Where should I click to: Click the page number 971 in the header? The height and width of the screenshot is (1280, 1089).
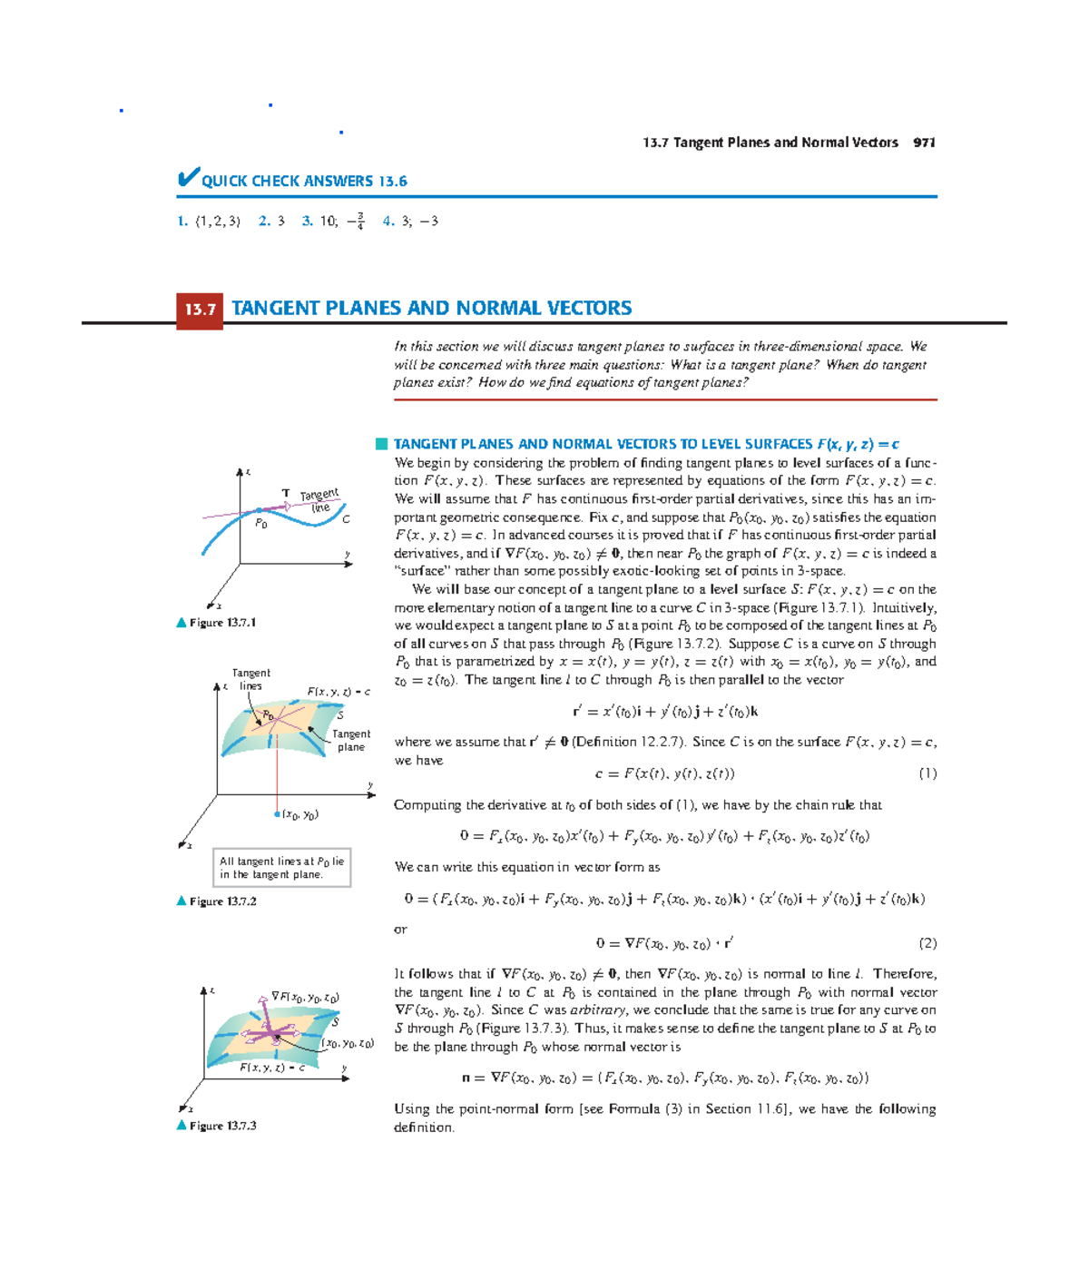pos(924,143)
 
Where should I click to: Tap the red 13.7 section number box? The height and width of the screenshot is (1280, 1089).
pos(200,310)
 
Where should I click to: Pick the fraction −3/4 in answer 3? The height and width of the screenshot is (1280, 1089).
pos(356,221)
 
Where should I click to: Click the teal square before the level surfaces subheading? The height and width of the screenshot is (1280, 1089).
pos(381,444)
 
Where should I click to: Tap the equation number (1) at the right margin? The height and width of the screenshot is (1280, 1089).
pos(927,773)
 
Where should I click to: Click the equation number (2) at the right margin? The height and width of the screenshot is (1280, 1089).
pos(927,943)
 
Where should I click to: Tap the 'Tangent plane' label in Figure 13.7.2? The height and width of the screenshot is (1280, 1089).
pos(350,740)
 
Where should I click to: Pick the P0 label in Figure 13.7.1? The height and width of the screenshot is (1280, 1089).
pos(261,524)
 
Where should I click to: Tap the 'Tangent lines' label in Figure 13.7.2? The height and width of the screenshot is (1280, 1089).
pos(250,679)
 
